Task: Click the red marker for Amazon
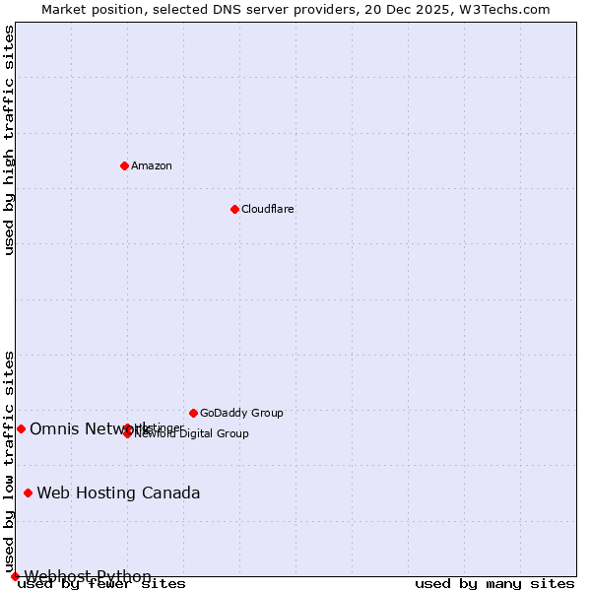point(124,165)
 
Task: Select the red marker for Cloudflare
point(234,209)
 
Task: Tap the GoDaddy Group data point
point(193,413)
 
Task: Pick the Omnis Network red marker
point(21,428)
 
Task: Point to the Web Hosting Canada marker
point(28,492)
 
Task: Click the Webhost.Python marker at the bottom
point(15,576)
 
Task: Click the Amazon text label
point(151,165)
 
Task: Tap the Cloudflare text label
point(267,209)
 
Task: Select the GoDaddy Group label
point(241,413)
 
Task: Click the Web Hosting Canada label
point(118,492)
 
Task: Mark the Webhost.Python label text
point(88,576)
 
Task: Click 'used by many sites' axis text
point(494,583)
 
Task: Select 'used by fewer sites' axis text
point(101,583)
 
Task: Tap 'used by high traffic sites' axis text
point(10,140)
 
